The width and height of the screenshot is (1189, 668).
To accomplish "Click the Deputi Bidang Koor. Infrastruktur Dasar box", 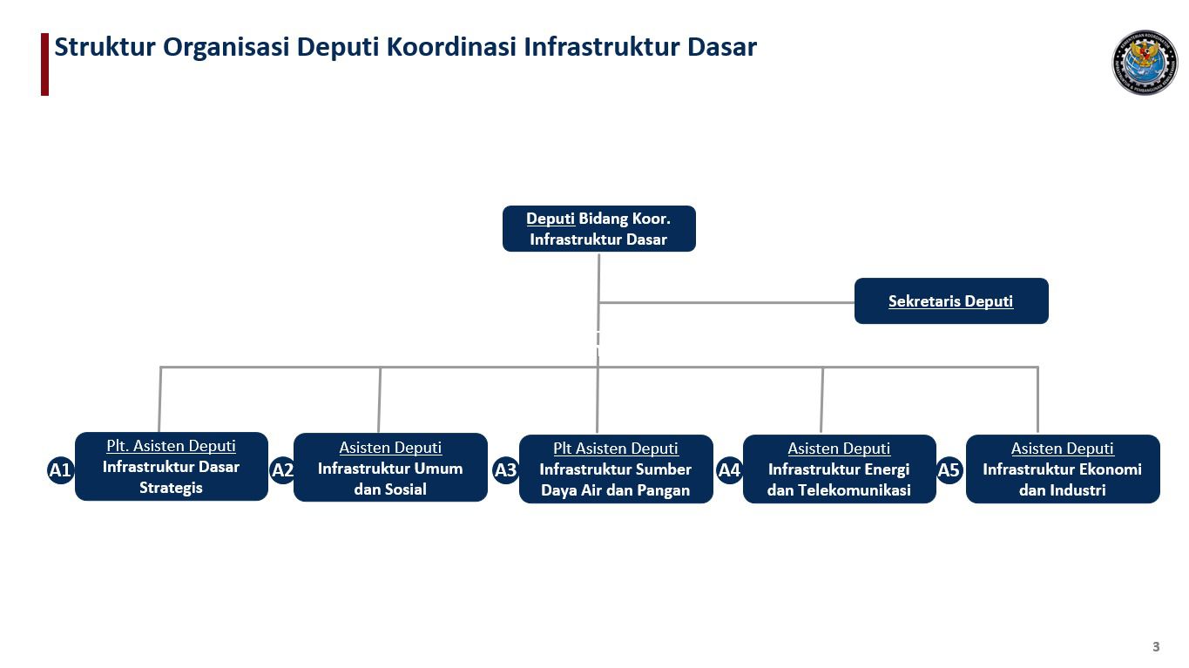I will tap(598, 229).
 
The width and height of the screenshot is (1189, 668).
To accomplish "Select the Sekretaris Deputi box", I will tap(950, 301).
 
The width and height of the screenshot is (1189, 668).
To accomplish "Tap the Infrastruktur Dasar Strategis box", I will tap(171, 467).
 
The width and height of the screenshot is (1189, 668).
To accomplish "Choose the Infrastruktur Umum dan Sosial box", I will tap(390, 468).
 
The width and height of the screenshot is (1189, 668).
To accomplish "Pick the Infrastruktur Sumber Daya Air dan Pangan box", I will tap(615, 469).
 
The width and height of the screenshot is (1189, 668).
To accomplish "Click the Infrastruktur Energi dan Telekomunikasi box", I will tap(839, 469).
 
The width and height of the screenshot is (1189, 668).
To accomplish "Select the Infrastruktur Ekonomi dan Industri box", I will tap(1062, 469).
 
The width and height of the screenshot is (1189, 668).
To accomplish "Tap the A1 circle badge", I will tap(60, 471).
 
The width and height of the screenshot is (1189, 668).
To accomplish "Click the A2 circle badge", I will tap(282, 471).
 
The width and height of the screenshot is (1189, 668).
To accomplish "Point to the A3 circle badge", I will tap(505, 471).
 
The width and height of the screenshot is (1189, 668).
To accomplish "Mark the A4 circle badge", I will tap(729, 471).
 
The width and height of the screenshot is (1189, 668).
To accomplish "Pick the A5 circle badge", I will tap(949, 471).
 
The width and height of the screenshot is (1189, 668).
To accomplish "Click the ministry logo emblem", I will tap(1144, 63).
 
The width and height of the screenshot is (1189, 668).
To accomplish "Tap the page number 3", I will tap(1156, 646).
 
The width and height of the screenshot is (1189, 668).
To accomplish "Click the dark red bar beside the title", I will tap(44, 64).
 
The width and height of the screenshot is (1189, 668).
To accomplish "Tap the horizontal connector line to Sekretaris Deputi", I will tap(726, 303).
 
